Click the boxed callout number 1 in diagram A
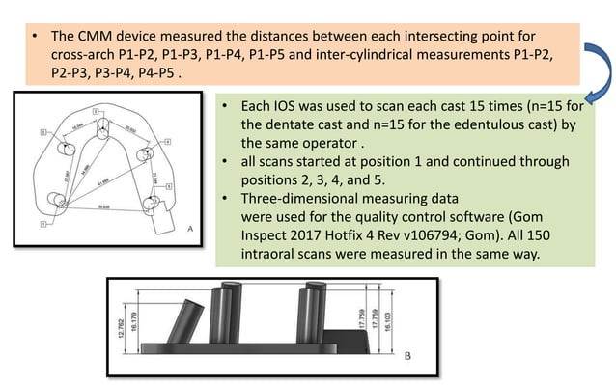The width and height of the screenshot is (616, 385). (42, 224)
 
